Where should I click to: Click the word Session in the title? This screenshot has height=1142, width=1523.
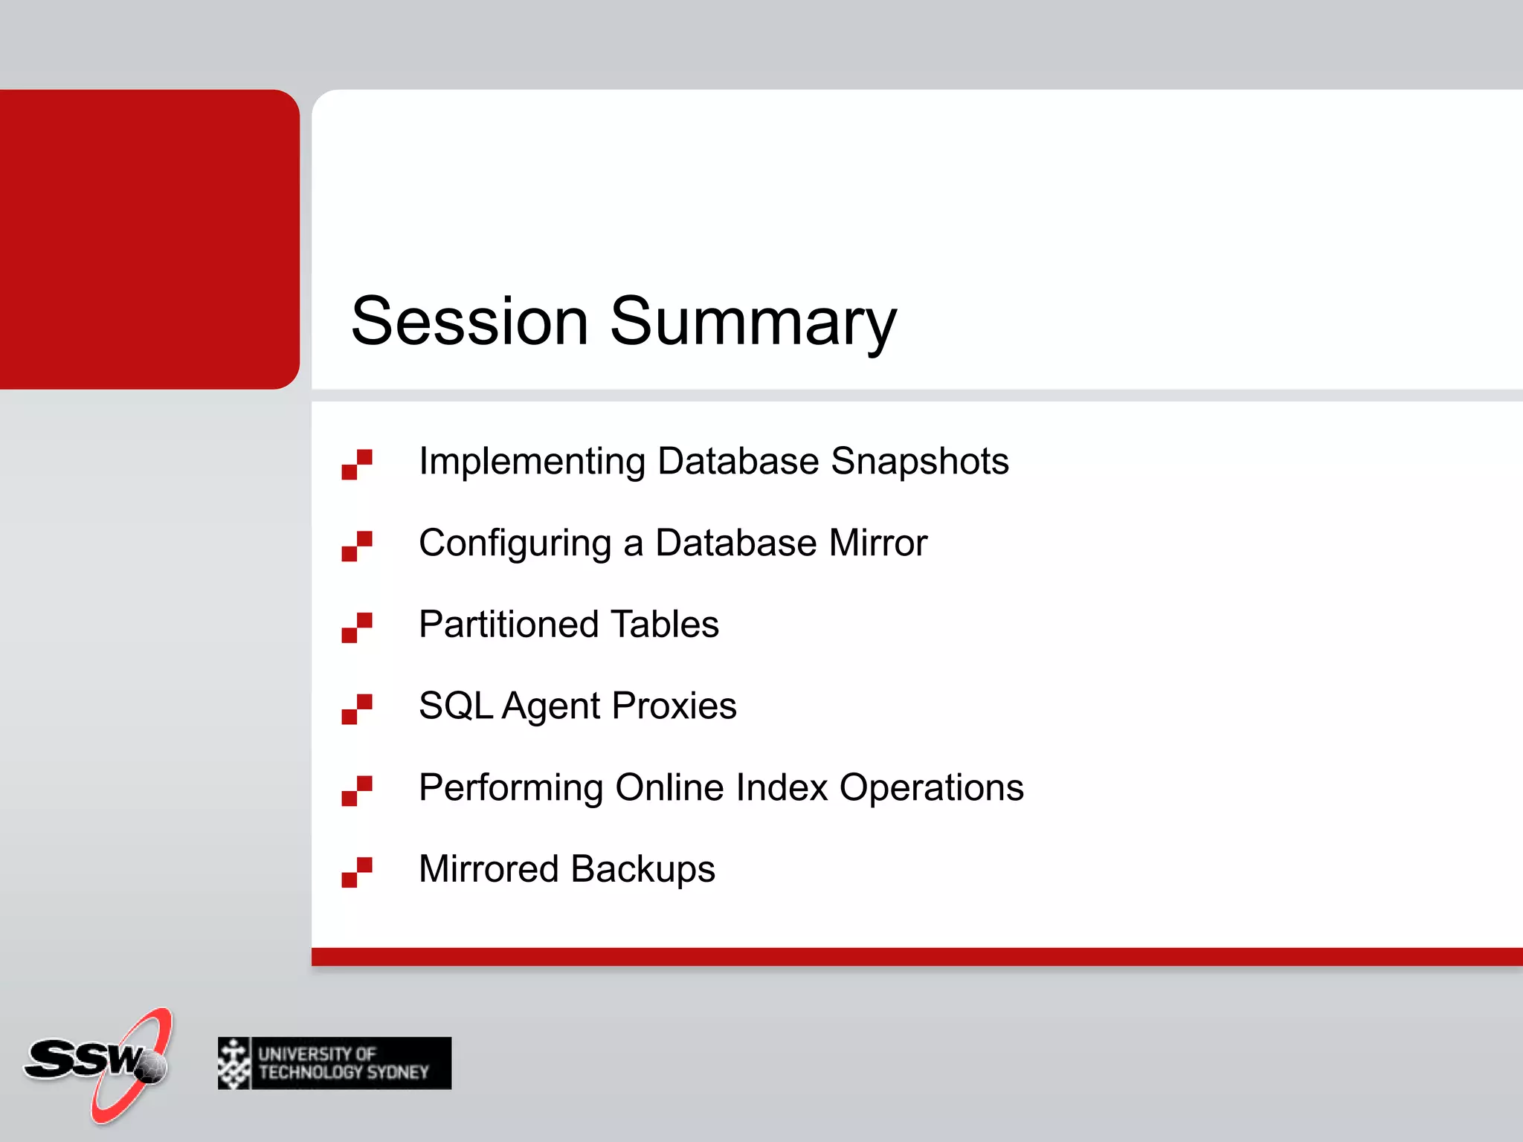tap(470, 321)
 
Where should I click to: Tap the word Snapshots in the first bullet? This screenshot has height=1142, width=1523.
tap(919, 462)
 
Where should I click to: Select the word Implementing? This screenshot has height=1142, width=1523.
tap(532, 462)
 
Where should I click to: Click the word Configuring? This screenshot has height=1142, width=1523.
tap(515, 543)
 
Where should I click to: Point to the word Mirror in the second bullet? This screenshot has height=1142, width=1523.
tap(878, 543)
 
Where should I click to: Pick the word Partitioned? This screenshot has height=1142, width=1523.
tap(509, 625)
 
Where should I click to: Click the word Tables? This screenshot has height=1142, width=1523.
tap(665, 625)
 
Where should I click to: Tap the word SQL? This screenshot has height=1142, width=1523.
tap(456, 706)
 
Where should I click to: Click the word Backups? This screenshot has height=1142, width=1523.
tap(643, 869)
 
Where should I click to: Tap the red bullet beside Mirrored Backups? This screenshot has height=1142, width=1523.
tap(357, 872)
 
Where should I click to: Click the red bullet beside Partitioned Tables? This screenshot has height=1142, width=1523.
tap(357, 628)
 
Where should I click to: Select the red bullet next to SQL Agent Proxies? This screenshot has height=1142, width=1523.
tap(357, 709)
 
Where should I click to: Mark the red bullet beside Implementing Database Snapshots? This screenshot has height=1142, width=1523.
tap(357, 465)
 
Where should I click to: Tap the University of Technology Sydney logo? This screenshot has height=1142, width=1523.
tap(335, 1063)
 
